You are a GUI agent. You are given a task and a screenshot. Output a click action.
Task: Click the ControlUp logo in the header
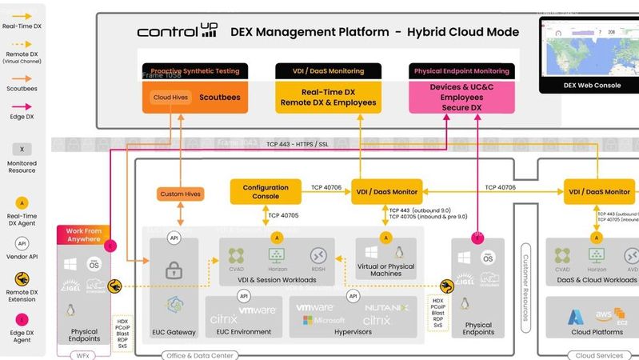click(x=178, y=32)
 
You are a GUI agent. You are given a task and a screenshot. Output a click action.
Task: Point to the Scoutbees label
click(x=219, y=98)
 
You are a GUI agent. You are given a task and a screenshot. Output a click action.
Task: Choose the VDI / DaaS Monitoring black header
click(x=328, y=70)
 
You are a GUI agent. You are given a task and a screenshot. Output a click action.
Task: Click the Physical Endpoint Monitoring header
click(x=462, y=70)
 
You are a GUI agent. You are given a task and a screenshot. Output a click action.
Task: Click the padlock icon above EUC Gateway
click(x=173, y=271)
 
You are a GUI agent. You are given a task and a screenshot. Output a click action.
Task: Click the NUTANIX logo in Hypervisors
click(x=386, y=307)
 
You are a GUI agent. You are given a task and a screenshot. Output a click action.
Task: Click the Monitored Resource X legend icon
click(x=22, y=149)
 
